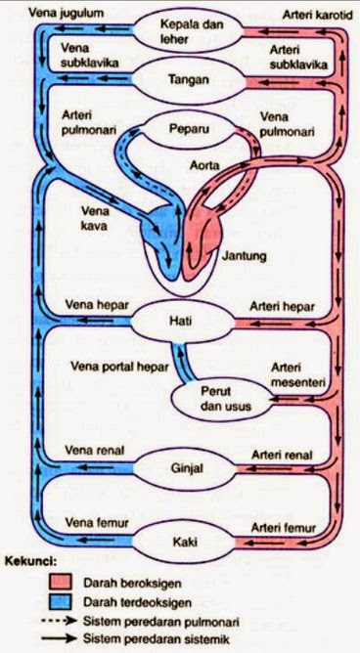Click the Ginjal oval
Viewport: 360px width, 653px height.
(x=186, y=468)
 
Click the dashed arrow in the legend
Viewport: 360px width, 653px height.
(x=65, y=620)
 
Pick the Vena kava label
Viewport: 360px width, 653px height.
(x=92, y=217)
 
